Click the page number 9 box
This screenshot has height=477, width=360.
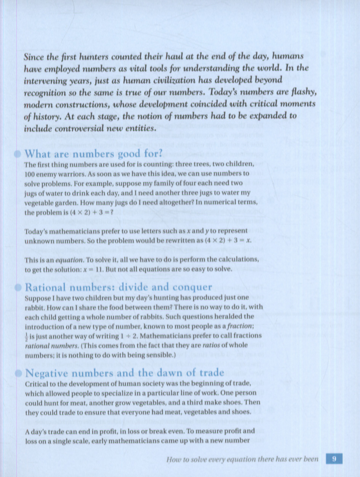334,459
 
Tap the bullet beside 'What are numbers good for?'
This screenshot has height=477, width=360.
17,154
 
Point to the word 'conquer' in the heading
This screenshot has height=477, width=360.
193,287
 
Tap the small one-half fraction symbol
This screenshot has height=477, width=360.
26,336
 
